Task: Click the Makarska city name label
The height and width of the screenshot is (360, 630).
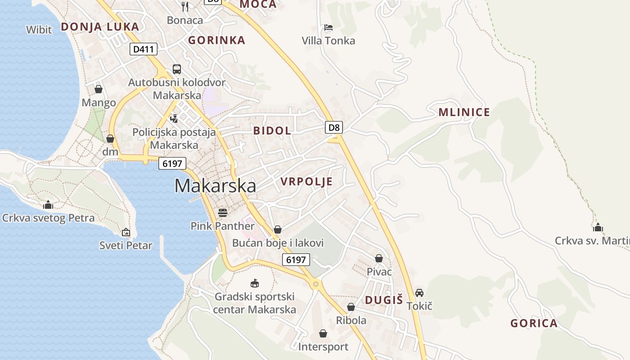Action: (215, 186)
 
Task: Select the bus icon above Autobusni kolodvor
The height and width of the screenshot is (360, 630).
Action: (177, 69)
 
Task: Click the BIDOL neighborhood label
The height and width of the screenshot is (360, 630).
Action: (272, 131)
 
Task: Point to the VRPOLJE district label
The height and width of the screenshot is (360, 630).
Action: (306, 182)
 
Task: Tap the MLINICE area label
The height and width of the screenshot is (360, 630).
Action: (464, 112)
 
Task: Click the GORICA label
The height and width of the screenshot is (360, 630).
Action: (534, 323)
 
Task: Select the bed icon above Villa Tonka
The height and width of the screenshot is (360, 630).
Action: (328, 27)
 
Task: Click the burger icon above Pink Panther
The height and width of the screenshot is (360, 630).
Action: (222, 212)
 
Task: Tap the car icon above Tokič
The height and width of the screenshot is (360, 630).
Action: (419, 293)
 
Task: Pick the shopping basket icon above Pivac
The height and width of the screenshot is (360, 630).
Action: (379, 258)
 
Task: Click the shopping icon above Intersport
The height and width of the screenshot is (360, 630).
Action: (323, 333)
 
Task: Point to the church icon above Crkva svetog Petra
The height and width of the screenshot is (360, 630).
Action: (48, 205)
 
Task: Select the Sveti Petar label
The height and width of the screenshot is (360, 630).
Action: (126, 246)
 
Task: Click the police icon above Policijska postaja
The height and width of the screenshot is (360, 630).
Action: (174, 118)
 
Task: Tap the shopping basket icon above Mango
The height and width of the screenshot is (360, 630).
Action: (99, 89)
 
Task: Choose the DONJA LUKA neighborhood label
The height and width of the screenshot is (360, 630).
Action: (100, 27)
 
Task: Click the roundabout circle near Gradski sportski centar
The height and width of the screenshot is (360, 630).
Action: (316, 284)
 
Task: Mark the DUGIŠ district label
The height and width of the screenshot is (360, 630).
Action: (384, 300)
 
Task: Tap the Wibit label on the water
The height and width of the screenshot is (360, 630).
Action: (39, 30)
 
